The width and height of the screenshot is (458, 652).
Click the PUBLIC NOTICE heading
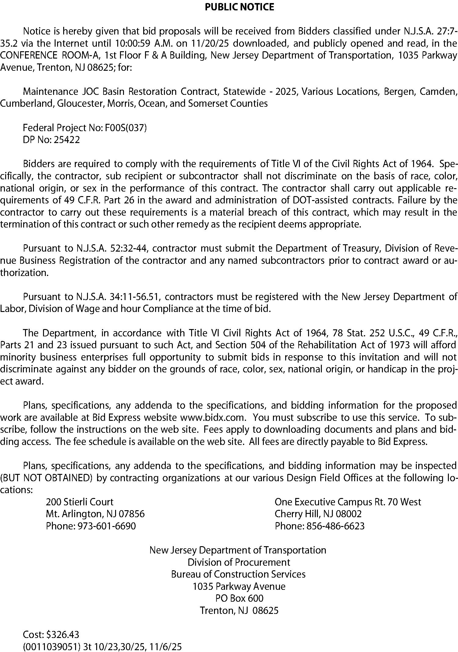coord(239,7)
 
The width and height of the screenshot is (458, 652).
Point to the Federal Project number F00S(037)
coord(126,127)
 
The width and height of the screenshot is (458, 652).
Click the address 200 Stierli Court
coord(80,502)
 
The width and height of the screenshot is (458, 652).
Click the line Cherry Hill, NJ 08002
coord(318,514)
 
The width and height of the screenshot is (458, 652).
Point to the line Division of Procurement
coord(239,562)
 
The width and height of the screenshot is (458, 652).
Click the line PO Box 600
coord(239,598)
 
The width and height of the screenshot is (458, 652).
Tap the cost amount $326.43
coord(63,635)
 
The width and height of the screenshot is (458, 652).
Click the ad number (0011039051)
coord(52,647)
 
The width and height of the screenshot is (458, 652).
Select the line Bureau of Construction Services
coord(238,574)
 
